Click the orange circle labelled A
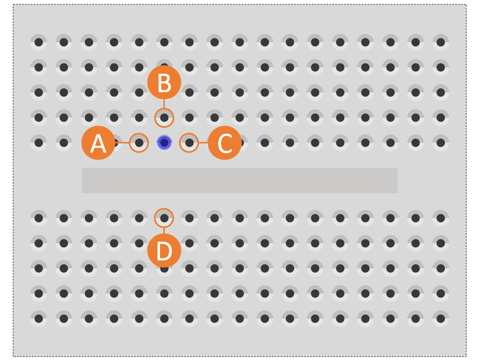(x=98, y=143)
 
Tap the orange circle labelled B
(x=164, y=82)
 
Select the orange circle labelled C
(x=225, y=143)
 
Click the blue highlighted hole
(x=164, y=142)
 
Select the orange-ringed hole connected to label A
(x=139, y=142)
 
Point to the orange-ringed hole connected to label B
(x=164, y=118)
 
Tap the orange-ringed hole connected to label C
(x=189, y=142)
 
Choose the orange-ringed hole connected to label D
(x=164, y=218)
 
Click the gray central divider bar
(x=239, y=180)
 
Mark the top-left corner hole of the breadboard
(x=39, y=42)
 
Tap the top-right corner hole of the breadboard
(x=440, y=42)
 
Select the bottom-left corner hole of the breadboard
(x=39, y=319)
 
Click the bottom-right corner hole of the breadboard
(x=440, y=319)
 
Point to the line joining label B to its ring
(x=164, y=104)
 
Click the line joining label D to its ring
(x=164, y=230)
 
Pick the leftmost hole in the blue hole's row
(x=39, y=142)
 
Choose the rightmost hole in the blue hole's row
(x=440, y=142)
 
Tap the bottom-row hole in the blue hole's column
(x=164, y=319)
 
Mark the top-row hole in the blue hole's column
(x=164, y=42)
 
